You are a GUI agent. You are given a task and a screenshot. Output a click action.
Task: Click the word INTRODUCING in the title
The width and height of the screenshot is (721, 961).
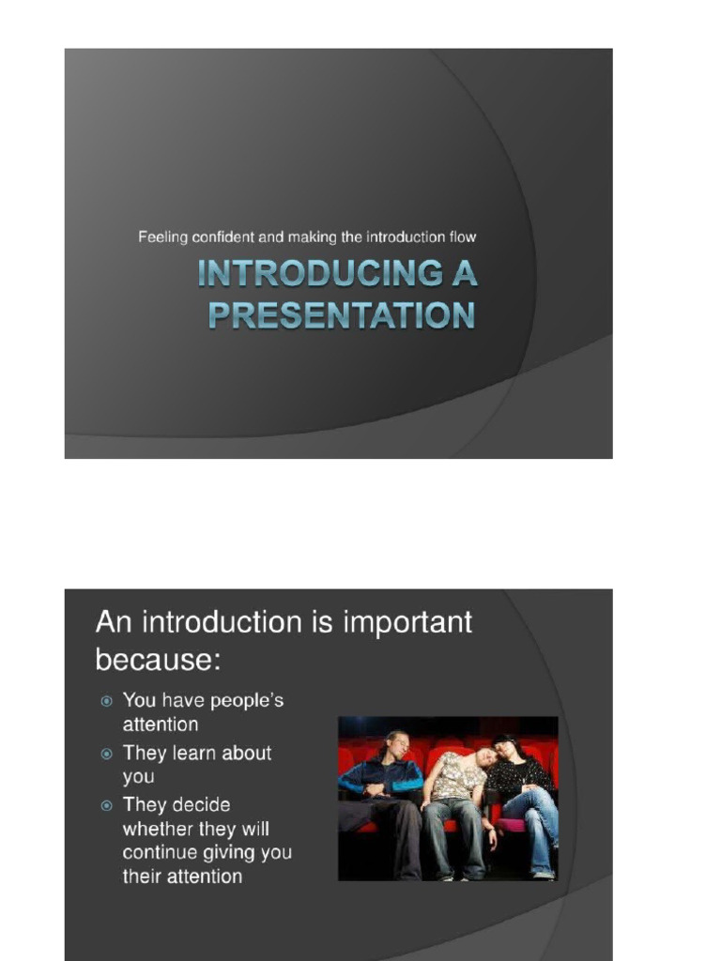tap(319, 273)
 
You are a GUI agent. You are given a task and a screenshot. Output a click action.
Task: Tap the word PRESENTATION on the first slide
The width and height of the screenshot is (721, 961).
tap(342, 315)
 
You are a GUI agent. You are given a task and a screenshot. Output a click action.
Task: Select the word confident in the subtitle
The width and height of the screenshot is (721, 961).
tap(222, 237)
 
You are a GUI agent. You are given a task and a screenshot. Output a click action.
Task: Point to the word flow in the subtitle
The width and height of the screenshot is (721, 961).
tap(462, 237)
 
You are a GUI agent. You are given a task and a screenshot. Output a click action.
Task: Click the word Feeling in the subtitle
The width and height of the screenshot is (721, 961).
tap(162, 237)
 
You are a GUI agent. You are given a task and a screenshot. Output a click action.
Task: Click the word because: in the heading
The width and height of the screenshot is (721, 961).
tap(158, 660)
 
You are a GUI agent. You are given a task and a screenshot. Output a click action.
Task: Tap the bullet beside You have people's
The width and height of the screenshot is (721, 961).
tap(107, 700)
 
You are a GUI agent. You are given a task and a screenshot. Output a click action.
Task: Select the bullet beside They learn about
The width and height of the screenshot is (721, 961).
tap(107, 754)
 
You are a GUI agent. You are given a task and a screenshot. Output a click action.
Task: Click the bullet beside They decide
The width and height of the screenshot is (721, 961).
tap(107, 805)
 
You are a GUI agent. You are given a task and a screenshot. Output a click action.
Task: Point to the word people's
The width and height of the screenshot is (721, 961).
tap(247, 701)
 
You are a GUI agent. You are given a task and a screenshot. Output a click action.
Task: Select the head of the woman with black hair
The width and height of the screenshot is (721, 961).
tap(507, 748)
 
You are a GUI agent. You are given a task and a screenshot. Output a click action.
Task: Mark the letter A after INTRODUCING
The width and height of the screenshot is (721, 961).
tap(464, 273)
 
